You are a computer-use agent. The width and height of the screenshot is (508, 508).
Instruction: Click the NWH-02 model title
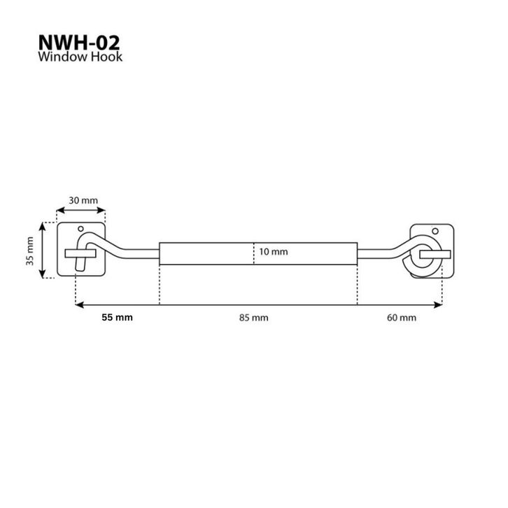[x=79, y=43]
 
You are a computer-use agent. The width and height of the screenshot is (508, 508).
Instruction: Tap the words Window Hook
[x=80, y=57]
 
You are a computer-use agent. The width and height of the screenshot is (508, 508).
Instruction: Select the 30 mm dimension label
[x=83, y=201]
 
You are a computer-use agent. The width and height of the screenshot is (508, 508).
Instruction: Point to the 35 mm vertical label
[x=30, y=251]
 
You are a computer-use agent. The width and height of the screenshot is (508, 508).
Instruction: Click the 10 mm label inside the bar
[x=274, y=252]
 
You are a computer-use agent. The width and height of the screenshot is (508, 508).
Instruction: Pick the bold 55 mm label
[x=118, y=317]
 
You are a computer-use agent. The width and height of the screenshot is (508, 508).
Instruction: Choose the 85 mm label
[x=254, y=318]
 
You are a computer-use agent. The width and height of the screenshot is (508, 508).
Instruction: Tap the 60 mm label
[x=402, y=318]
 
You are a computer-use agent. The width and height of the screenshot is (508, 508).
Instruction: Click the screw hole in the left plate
[x=80, y=229]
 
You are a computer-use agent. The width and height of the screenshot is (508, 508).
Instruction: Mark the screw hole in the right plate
[x=435, y=231]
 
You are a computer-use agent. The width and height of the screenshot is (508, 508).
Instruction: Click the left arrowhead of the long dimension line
[x=79, y=305]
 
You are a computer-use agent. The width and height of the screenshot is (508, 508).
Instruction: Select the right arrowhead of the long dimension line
[x=438, y=305]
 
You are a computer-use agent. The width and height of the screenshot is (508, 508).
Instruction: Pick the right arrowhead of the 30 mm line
[x=101, y=211]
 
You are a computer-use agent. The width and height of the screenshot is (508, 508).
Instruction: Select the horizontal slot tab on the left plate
[x=80, y=253]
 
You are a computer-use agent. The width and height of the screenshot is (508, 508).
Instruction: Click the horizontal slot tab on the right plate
[x=435, y=255]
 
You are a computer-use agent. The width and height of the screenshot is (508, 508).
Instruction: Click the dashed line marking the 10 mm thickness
[x=254, y=253]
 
